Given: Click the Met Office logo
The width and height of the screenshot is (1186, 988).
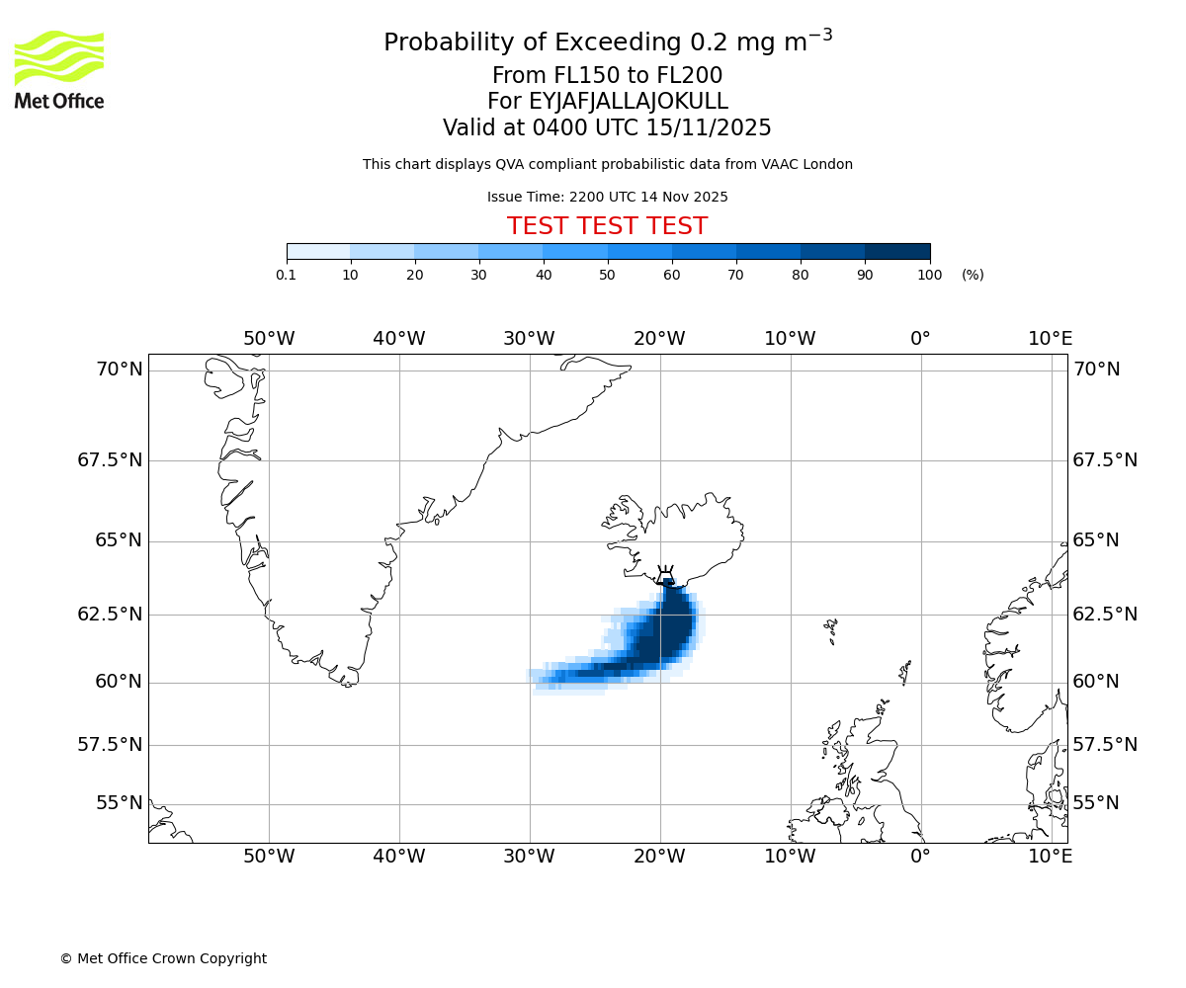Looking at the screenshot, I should point(59,69).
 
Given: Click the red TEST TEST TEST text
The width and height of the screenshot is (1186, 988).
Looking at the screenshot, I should point(607,227).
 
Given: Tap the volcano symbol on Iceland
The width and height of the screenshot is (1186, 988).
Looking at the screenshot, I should point(665,575).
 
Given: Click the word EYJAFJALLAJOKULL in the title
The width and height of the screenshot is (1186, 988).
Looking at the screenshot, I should point(629,102).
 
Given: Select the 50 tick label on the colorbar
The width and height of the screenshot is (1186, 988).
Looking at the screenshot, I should point(607,276).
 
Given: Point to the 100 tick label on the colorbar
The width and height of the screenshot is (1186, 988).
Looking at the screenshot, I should point(929,276).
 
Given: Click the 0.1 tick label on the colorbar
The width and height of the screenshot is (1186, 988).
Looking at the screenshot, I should point(286,276).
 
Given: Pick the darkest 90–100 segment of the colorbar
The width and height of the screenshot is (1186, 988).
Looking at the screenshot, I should point(897,251).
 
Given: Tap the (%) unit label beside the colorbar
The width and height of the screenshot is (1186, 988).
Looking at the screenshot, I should point(973,276).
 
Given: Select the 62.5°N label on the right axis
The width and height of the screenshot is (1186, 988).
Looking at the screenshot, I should point(1105,615).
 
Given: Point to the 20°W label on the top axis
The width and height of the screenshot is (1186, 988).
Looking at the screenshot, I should point(659,339).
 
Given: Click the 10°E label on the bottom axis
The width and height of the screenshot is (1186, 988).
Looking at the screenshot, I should point(1050,857).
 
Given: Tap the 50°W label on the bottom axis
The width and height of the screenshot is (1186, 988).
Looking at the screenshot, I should point(269,857).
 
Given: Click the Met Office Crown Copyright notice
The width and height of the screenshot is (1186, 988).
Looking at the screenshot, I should point(163,958).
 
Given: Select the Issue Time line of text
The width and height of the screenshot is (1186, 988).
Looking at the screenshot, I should point(607,198).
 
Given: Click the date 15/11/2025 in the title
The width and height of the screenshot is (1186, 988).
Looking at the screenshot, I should point(709,128).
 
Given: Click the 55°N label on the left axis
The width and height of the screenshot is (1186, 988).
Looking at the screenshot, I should point(119,803).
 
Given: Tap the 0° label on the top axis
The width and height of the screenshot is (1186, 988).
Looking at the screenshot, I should point(920,339).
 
